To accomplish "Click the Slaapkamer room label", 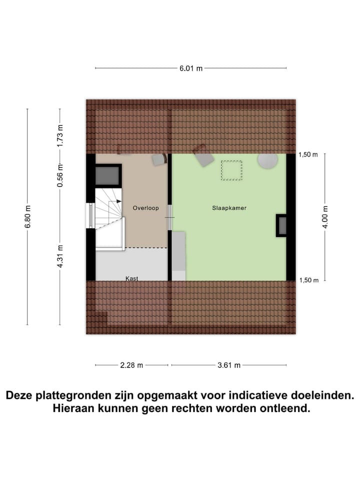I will coord(229,207).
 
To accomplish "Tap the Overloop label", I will coord(145,207).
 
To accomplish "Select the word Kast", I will coord(132,278).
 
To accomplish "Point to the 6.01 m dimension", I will coord(191,68).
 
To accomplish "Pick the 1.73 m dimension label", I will coord(60,134).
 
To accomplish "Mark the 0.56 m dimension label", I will coord(60,175).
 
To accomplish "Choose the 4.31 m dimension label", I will coord(60,256).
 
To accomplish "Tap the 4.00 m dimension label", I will coord(325,217).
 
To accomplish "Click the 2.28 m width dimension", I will coord(131,365).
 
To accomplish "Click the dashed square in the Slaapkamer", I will coord(231,170).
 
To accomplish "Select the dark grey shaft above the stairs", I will coord(107,176).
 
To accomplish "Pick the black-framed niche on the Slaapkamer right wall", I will coord(281,225).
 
